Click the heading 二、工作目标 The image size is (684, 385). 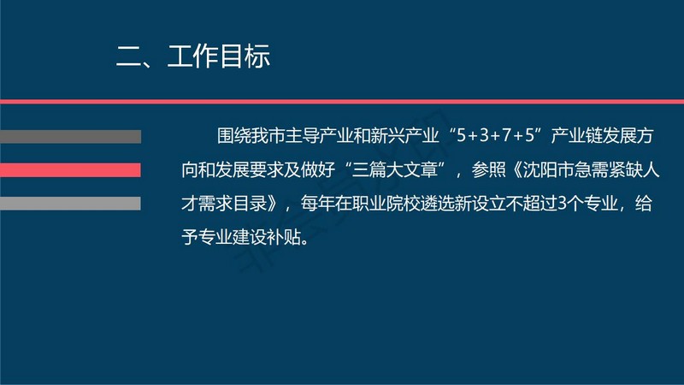[193, 56]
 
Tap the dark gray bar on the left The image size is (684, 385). [70, 137]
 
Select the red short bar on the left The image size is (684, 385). [70, 169]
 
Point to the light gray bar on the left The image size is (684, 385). [70, 204]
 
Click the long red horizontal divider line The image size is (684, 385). [342, 102]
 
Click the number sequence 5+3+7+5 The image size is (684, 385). [496, 136]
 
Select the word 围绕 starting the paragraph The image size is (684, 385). [233, 136]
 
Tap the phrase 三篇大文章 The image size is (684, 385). [395, 169]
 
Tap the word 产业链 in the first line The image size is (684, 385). [576, 136]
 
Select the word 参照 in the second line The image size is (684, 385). [488, 169]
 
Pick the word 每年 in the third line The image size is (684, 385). [317, 204]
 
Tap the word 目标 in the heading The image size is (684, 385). [245, 56]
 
